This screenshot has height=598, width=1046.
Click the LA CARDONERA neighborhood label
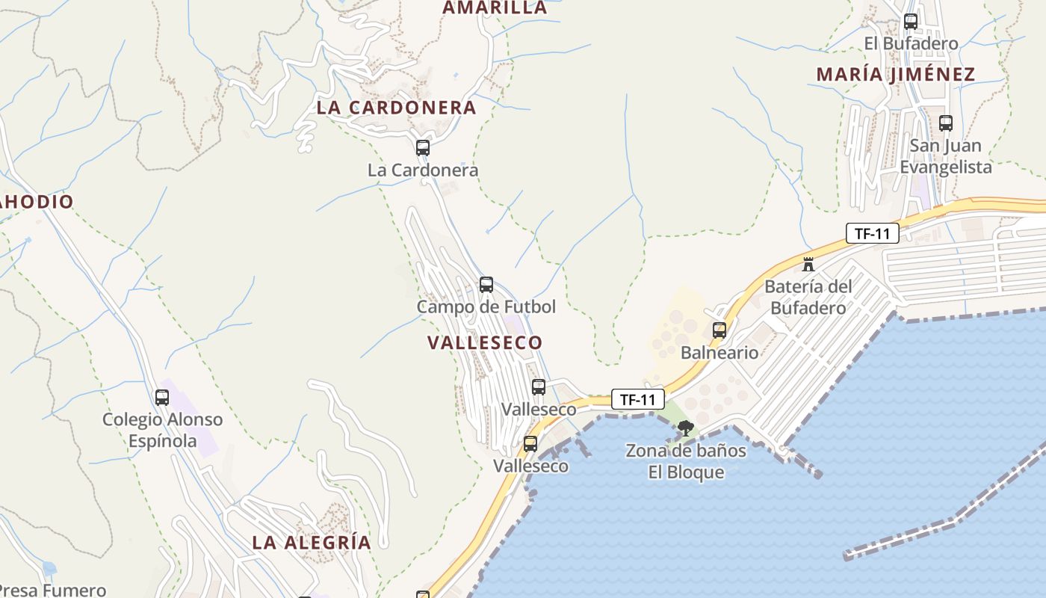pyautogui.click(x=396, y=107)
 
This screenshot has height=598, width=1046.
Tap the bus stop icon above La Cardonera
pyautogui.click(x=423, y=148)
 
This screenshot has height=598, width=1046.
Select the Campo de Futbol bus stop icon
pyautogui.click(x=486, y=285)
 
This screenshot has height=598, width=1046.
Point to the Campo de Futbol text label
pyautogui.click(x=486, y=306)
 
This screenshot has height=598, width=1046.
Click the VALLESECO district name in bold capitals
pyautogui.click(x=485, y=342)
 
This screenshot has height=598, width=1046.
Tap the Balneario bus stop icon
pyautogui.click(x=719, y=330)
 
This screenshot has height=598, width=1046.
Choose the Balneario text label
pyautogui.click(x=719, y=352)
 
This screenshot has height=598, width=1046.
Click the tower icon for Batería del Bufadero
pyautogui.click(x=808, y=264)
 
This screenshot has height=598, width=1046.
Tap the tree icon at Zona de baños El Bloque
pyautogui.click(x=686, y=428)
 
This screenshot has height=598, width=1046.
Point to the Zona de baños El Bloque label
pyautogui.click(x=686, y=461)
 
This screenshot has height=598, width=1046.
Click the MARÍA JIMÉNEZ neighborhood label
pyautogui.click(x=896, y=75)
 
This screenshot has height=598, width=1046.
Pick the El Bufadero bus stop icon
pyautogui.click(x=911, y=22)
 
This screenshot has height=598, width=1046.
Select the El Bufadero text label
pyautogui.click(x=911, y=43)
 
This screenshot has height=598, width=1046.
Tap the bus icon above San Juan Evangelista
pyautogui.click(x=946, y=123)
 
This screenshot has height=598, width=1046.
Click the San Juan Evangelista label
pyautogui.click(x=946, y=155)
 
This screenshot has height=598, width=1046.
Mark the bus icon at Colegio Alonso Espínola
pyautogui.click(x=162, y=398)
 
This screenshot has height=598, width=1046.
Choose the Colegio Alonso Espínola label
pyautogui.click(x=162, y=430)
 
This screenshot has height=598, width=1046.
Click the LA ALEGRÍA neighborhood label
pyautogui.click(x=312, y=542)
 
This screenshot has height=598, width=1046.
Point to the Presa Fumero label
pyautogui.click(x=53, y=591)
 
